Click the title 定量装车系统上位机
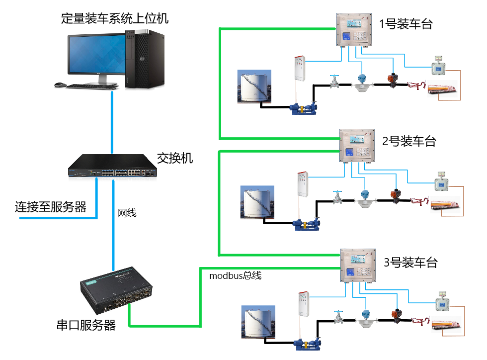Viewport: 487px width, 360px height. pyautogui.click(x=115, y=19)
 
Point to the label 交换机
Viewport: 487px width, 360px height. pyautogui.click(x=175, y=159)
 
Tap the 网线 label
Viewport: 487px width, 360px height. pyautogui.click(x=127, y=213)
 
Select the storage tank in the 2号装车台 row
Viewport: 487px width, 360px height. pyautogui.click(x=257, y=202)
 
